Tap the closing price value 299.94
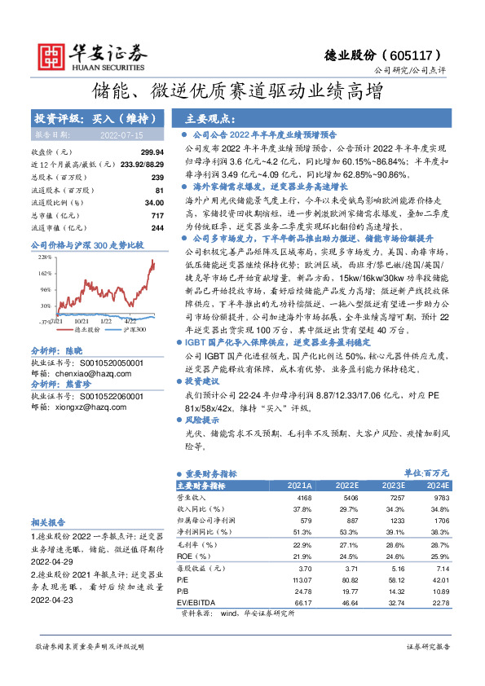pyautogui.click(x=152, y=152)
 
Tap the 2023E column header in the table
pyautogui.click(x=395, y=486)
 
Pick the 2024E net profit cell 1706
pyautogui.click(x=441, y=519)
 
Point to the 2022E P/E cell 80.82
pyautogui.click(x=347, y=579)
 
